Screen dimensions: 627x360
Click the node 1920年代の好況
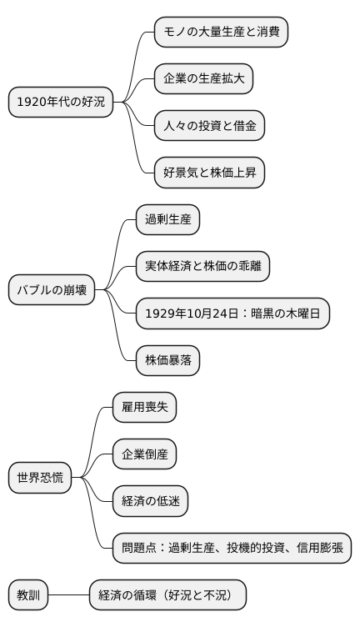coord(60,102)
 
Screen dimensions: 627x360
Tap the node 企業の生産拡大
coord(203,79)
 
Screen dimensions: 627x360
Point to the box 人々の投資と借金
coord(209,126)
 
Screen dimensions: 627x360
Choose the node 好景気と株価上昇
coord(209,173)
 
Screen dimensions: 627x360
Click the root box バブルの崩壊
coord(52,290)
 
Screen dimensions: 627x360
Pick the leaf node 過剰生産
coord(168,220)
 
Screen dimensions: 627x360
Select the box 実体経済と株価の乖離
coord(202,267)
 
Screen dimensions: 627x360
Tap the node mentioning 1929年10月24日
coord(232,313)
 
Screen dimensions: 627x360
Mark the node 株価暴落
coord(168,360)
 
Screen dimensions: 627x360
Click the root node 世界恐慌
coord(40,478)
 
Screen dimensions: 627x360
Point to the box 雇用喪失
coord(144,408)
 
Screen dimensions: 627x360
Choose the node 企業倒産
coord(144,454)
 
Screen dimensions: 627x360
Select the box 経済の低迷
coord(150,501)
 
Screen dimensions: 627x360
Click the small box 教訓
coord(28,595)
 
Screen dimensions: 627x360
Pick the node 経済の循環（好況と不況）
coord(167,595)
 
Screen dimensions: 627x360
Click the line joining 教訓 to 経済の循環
coord(68,595)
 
